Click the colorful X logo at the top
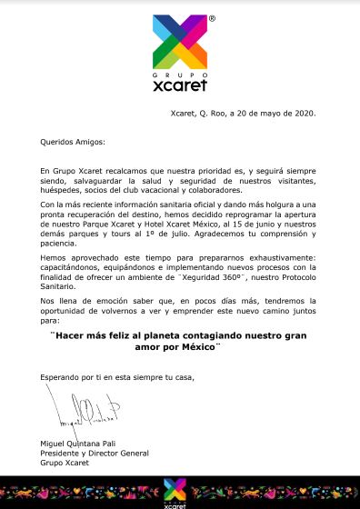[x=180, y=40]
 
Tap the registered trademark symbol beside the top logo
[x=211, y=18]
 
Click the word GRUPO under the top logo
[x=179, y=75]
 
